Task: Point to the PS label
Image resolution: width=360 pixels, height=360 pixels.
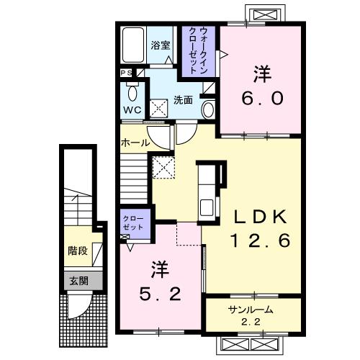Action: pos(125,73)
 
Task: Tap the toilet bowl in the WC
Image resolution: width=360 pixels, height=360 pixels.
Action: pos(132,92)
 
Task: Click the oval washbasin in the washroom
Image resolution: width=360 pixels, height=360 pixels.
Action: pos(208,109)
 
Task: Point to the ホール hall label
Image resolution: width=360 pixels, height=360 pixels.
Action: pos(135,143)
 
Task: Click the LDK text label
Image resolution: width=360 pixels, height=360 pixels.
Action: pos(259,216)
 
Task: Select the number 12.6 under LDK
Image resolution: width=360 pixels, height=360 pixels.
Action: pos(261,241)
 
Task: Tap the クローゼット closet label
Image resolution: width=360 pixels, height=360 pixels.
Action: pos(133,222)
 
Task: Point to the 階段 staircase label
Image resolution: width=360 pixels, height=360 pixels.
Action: pos(76,252)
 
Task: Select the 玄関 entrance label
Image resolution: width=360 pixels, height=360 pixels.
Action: pos(77,281)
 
